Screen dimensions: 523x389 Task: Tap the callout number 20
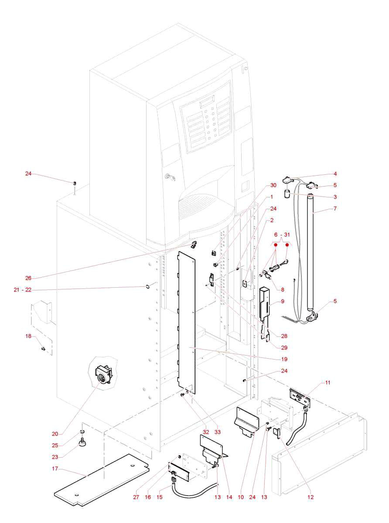coord(55,434)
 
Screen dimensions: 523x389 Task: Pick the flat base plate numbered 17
coord(100,482)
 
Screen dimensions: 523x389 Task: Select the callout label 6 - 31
coord(281,234)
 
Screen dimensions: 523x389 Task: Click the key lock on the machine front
coord(167,177)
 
